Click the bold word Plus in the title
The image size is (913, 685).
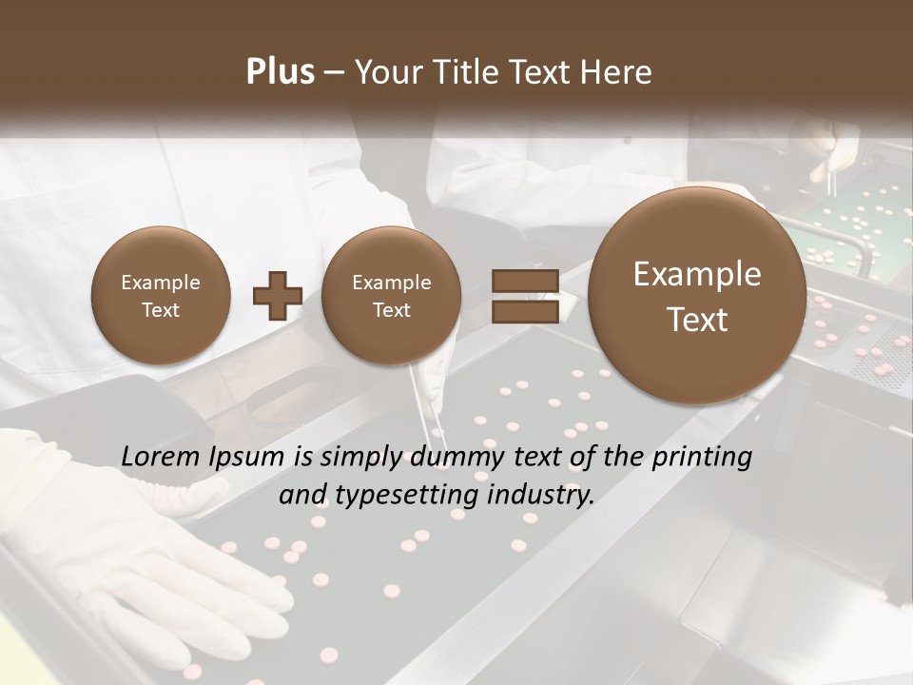(281, 72)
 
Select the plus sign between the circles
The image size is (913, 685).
(278, 296)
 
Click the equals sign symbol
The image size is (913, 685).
(524, 296)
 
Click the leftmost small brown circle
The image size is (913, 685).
(160, 296)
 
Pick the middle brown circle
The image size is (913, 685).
(391, 296)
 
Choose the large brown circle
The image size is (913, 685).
(697, 296)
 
